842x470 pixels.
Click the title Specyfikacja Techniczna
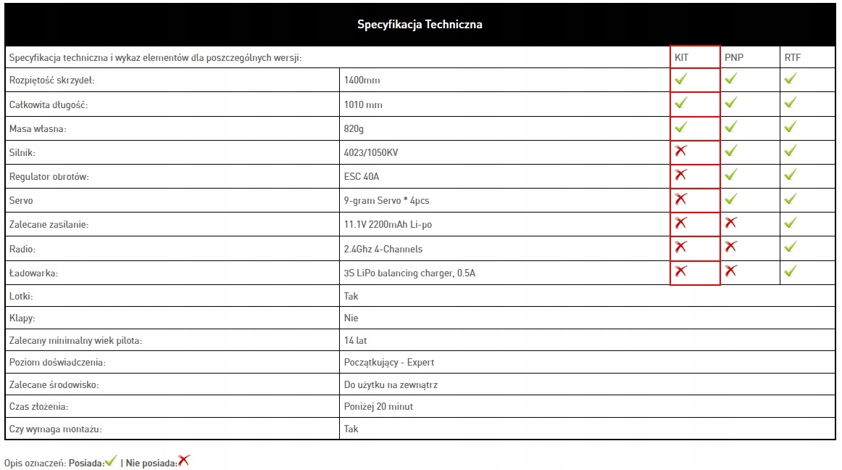pyautogui.click(x=420, y=25)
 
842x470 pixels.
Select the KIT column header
pyautogui.click(x=681, y=57)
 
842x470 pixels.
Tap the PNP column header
pyautogui.click(x=734, y=57)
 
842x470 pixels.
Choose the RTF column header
pyautogui.click(x=793, y=57)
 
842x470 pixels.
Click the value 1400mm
pyautogui.click(x=362, y=81)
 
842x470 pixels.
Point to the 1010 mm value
pyautogui.click(x=363, y=105)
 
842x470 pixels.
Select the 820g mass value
pyautogui.click(x=354, y=129)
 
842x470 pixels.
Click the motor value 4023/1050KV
pyautogui.click(x=371, y=153)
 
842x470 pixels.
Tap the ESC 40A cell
pyautogui.click(x=362, y=177)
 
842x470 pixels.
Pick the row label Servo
pyautogui.click(x=21, y=201)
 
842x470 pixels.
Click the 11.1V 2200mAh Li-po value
pyautogui.click(x=388, y=225)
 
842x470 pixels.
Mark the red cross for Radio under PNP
pyautogui.click(x=730, y=247)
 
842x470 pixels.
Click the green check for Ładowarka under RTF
pyautogui.click(x=790, y=271)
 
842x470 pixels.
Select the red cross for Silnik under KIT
pyautogui.click(x=680, y=151)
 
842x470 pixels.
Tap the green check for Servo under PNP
pyautogui.click(x=730, y=199)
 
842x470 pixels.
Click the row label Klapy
pyautogui.click(x=22, y=318)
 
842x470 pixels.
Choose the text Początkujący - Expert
pyautogui.click(x=389, y=363)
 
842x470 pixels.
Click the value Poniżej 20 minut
pyautogui.click(x=378, y=407)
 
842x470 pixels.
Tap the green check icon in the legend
pyautogui.click(x=111, y=461)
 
